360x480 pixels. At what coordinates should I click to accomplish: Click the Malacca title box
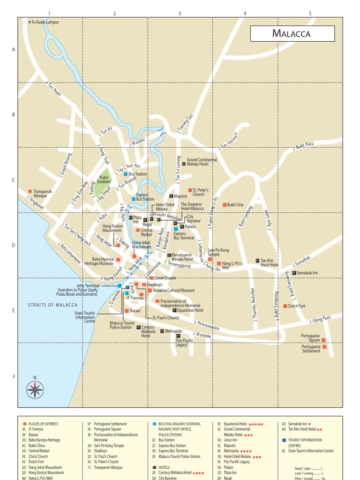coord(292,34)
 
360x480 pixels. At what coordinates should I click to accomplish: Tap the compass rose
coord(35,390)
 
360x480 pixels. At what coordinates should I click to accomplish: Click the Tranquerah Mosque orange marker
coord(30,191)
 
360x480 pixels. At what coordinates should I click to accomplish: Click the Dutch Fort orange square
coord(285,306)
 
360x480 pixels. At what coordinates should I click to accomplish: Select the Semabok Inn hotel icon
coord(294,273)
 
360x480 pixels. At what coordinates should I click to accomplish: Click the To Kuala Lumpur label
coord(45,22)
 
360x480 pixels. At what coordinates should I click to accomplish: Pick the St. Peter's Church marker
coord(190,190)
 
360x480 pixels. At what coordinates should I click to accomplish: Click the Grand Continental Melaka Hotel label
coord(202,162)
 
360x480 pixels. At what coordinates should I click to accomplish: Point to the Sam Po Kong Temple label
coord(218,252)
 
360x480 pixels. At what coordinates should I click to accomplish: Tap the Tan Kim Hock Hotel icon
coord(257,261)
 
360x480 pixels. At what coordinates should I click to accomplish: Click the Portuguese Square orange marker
coord(323,340)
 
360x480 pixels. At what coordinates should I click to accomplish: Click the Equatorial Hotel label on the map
coord(190,310)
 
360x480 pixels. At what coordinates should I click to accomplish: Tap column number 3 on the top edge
coord(180,14)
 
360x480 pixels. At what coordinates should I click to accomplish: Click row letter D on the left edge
coord(14,245)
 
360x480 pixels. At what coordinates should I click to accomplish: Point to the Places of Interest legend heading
coord(43,424)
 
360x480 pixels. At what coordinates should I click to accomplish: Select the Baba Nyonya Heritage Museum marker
coord(118,259)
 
